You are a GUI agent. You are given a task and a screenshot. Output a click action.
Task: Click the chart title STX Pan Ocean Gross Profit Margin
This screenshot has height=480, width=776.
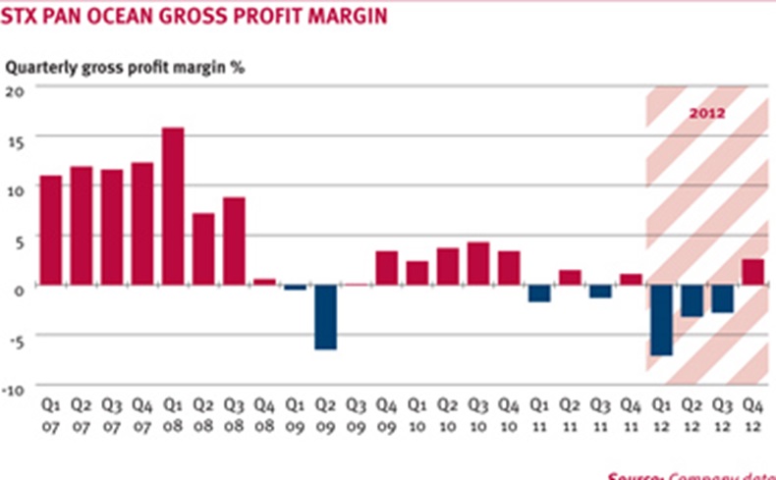click(196, 17)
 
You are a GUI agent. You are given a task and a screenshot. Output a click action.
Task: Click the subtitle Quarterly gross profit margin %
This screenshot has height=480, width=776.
click(126, 68)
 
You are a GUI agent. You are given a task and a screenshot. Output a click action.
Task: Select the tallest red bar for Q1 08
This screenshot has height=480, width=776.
click(173, 206)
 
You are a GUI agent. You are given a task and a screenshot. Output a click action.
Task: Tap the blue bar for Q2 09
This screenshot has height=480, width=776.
click(325, 316)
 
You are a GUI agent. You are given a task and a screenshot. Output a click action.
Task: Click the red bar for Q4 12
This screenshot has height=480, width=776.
click(752, 272)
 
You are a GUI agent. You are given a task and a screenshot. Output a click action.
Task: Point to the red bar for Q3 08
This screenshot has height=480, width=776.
click(234, 240)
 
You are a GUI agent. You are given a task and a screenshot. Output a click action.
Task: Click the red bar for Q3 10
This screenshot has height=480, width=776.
click(478, 263)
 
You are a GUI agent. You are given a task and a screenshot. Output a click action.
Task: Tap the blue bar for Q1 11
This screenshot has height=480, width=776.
click(539, 293)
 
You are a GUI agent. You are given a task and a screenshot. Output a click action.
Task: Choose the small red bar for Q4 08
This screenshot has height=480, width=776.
click(264, 282)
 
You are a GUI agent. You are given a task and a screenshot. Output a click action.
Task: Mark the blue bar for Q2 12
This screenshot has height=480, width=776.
click(692, 300)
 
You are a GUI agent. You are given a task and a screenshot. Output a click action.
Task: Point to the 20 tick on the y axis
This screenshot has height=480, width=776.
click(14, 89)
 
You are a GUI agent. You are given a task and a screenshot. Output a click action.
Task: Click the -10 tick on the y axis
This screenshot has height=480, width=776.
click(12, 390)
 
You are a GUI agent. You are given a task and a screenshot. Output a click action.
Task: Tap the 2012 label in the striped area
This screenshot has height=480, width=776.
click(706, 113)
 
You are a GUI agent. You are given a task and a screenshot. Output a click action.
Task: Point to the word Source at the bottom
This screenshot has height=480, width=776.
click(634, 476)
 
